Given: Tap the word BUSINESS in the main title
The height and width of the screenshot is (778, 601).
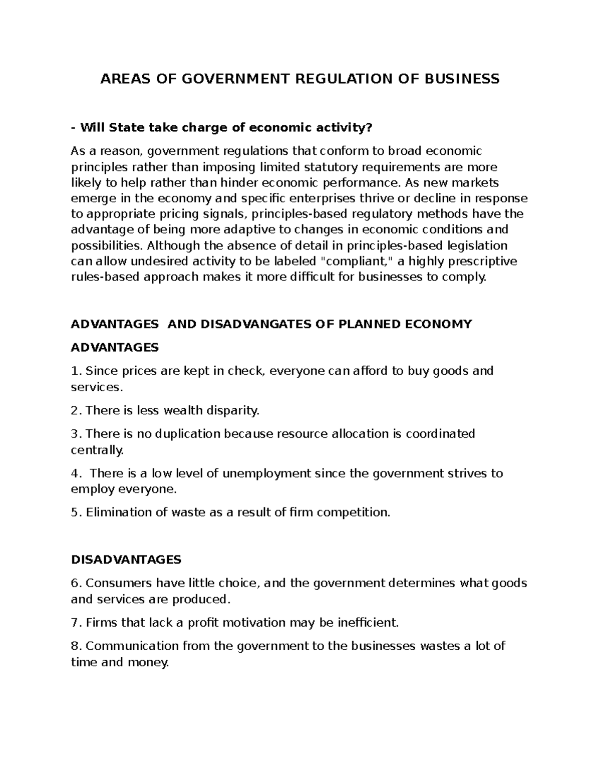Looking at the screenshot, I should [x=459, y=79].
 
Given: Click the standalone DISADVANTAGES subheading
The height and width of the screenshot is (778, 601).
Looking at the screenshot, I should [x=126, y=560].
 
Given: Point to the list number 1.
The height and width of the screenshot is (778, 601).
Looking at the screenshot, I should [x=76, y=371].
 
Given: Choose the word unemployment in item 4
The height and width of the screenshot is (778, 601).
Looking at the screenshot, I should [x=266, y=473].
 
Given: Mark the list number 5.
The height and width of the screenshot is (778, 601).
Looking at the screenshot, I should [x=76, y=512].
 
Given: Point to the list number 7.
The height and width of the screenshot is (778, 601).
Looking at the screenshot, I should [x=76, y=623].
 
